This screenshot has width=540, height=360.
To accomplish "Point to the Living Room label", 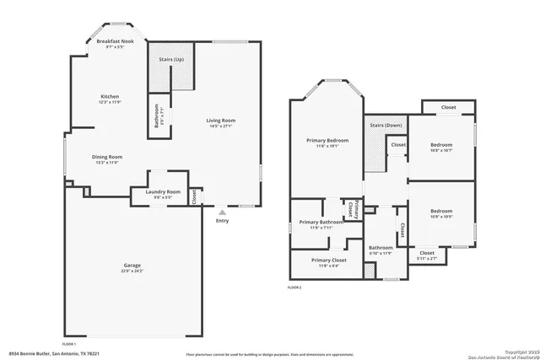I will click(221, 121).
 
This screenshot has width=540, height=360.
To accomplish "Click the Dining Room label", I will click(107, 156).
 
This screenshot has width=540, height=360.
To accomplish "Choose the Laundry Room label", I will click(163, 191).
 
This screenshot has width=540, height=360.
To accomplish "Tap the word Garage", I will click(132, 265).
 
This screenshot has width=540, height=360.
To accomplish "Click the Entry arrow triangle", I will click(222, 212).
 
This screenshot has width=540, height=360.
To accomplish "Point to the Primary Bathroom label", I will click(321, 222).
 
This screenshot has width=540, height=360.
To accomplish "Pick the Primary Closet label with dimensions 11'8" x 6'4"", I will click(327, 260).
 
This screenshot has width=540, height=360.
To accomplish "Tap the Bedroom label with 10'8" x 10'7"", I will click(441, 144).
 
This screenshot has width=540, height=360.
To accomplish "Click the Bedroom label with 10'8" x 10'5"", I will click(441, 211).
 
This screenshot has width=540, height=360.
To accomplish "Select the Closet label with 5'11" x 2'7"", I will click(427, 252).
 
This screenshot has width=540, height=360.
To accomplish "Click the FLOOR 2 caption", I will click(294, 287).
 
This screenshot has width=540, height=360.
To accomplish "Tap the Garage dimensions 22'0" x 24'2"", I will click(132, 271).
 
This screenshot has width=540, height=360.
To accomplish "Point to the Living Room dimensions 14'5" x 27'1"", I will click(221, 126).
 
